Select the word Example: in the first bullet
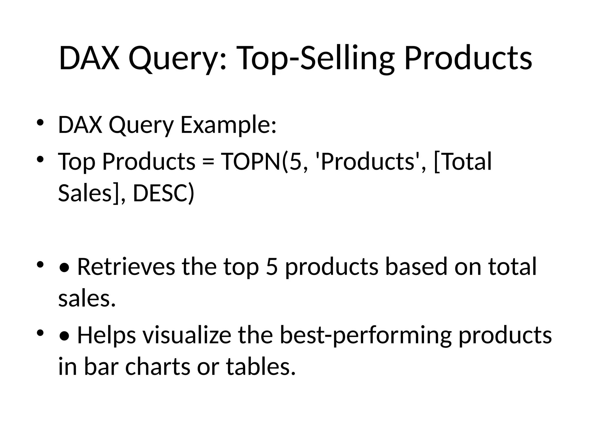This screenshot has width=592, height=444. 228,125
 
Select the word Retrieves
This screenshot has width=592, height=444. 126,266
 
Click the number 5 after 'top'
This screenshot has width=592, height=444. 271,266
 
